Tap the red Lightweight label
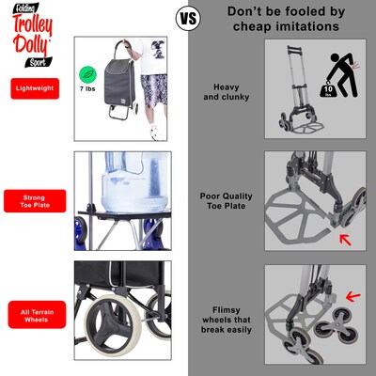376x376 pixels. point(39,88)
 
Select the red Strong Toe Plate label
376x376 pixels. point(39,201)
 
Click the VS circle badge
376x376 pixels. point(188,17)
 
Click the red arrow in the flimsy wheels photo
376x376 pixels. point(353,296)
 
